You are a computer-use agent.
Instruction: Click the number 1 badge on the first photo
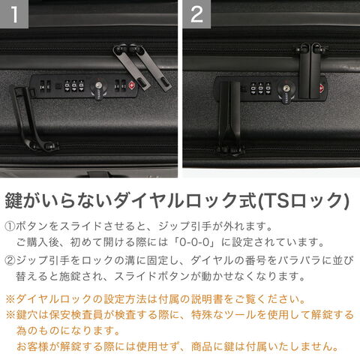point(14,14)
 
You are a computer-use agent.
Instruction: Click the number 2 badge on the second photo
point(196,14)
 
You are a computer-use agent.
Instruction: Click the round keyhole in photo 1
point(98,85)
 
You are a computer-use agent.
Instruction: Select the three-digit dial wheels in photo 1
point(74,86)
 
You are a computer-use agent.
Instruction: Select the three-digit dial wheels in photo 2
point(260,88)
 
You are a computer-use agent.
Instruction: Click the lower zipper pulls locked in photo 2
point(229,118)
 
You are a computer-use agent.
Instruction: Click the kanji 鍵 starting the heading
point(14,200)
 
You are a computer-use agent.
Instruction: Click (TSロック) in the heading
point(303,200)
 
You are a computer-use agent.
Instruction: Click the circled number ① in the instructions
point(10,226)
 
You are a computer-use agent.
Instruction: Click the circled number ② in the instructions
point(10,260)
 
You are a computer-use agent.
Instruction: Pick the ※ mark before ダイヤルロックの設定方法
point(10,299)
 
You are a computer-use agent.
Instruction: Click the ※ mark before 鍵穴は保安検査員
point(10,315)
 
